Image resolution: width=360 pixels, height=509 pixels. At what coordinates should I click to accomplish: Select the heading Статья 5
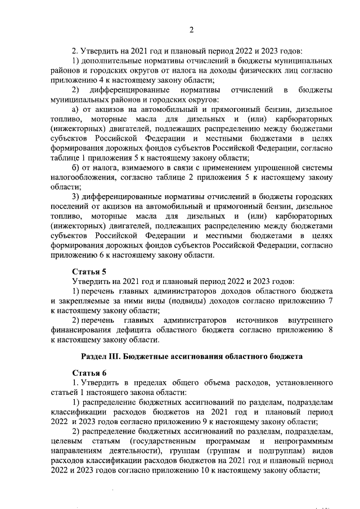click(x=89, y=272)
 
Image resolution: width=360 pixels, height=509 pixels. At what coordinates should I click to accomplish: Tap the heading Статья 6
click(x=89, y=373)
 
